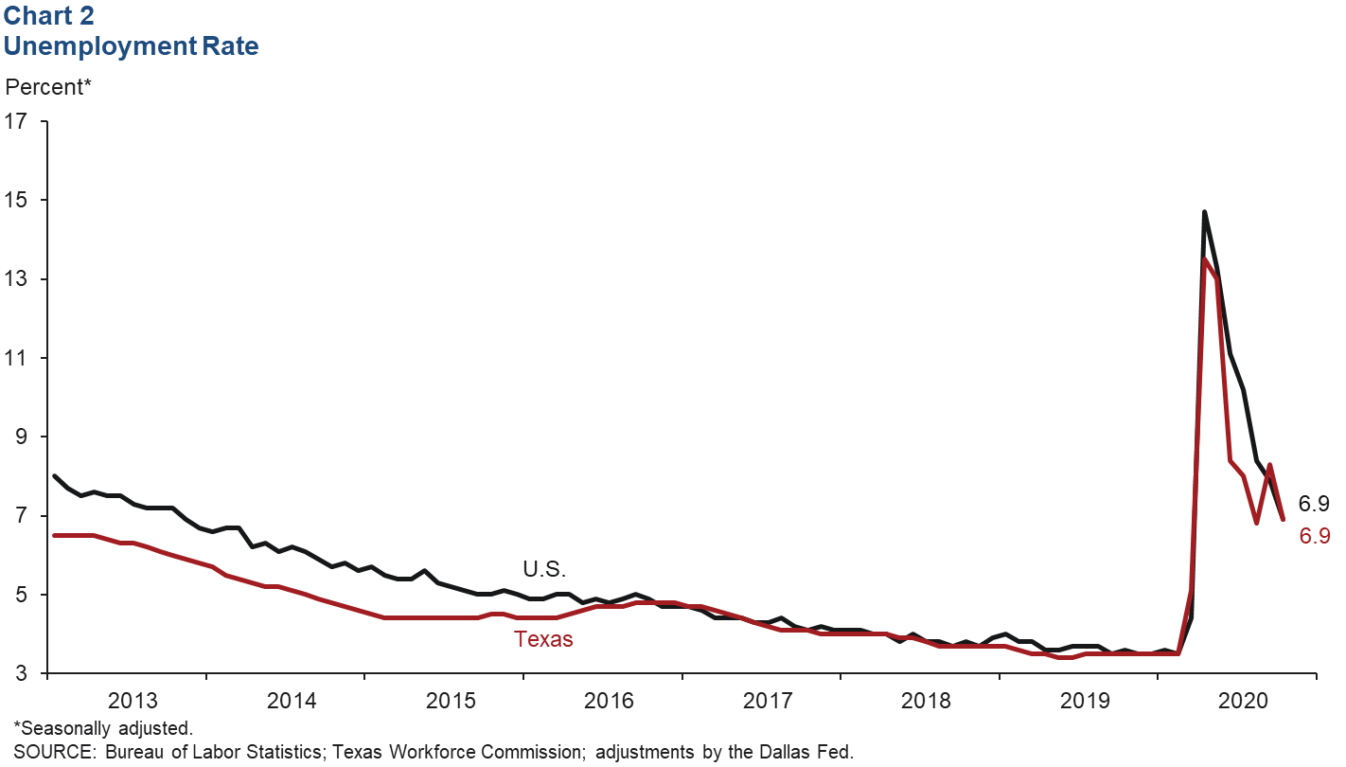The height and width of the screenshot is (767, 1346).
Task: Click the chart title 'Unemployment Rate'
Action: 132,45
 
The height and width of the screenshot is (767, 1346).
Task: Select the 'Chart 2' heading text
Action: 49,16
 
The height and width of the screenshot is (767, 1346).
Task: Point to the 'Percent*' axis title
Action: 48,87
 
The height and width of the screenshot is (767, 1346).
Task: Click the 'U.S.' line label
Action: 543,569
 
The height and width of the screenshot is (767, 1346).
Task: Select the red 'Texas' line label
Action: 543,639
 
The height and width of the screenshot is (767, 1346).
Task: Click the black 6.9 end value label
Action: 1314,504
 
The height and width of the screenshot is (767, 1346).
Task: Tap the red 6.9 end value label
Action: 1314,536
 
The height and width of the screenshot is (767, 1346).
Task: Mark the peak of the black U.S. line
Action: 1204,212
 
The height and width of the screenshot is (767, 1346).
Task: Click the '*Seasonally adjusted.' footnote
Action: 103,729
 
